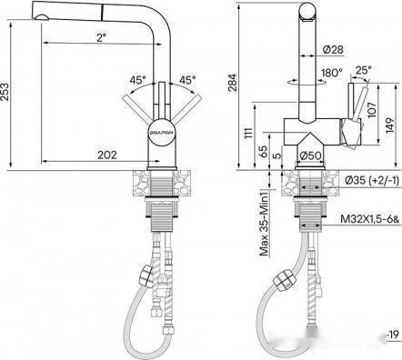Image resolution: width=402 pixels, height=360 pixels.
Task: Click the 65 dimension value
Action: click(x=264, y=149)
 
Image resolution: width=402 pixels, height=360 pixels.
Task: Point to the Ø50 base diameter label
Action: click(x=312, y=155)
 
